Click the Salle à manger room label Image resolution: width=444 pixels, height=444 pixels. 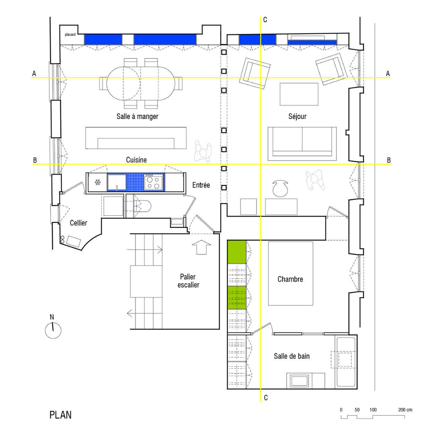pos(137,116)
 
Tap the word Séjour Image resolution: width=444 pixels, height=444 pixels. pos(297,116)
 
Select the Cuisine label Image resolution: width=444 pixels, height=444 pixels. pos(136,160)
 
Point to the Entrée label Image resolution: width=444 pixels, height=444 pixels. pos(201,185)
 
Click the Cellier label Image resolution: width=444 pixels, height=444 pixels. pos(79,223)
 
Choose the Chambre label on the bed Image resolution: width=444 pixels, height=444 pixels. pos(290,279)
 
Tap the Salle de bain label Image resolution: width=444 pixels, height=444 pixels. pos(292,356)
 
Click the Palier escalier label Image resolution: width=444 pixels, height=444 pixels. pos(188,281)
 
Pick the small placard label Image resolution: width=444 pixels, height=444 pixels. pos(70,35)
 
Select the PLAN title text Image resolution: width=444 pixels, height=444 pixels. pos(60,415)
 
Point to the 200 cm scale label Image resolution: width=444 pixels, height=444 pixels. pos(405,410)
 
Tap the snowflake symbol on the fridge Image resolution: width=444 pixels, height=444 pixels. pos(98,182)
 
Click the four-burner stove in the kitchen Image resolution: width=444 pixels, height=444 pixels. pos(154,182)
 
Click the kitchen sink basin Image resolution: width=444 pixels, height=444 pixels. pos(117,182)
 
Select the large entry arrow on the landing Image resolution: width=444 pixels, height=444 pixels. pos(201,247)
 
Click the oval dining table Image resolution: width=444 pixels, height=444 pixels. pos(141,83)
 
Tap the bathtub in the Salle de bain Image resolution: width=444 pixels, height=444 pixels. pos(345,362)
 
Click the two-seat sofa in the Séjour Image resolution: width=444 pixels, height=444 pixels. pos(302,144)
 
